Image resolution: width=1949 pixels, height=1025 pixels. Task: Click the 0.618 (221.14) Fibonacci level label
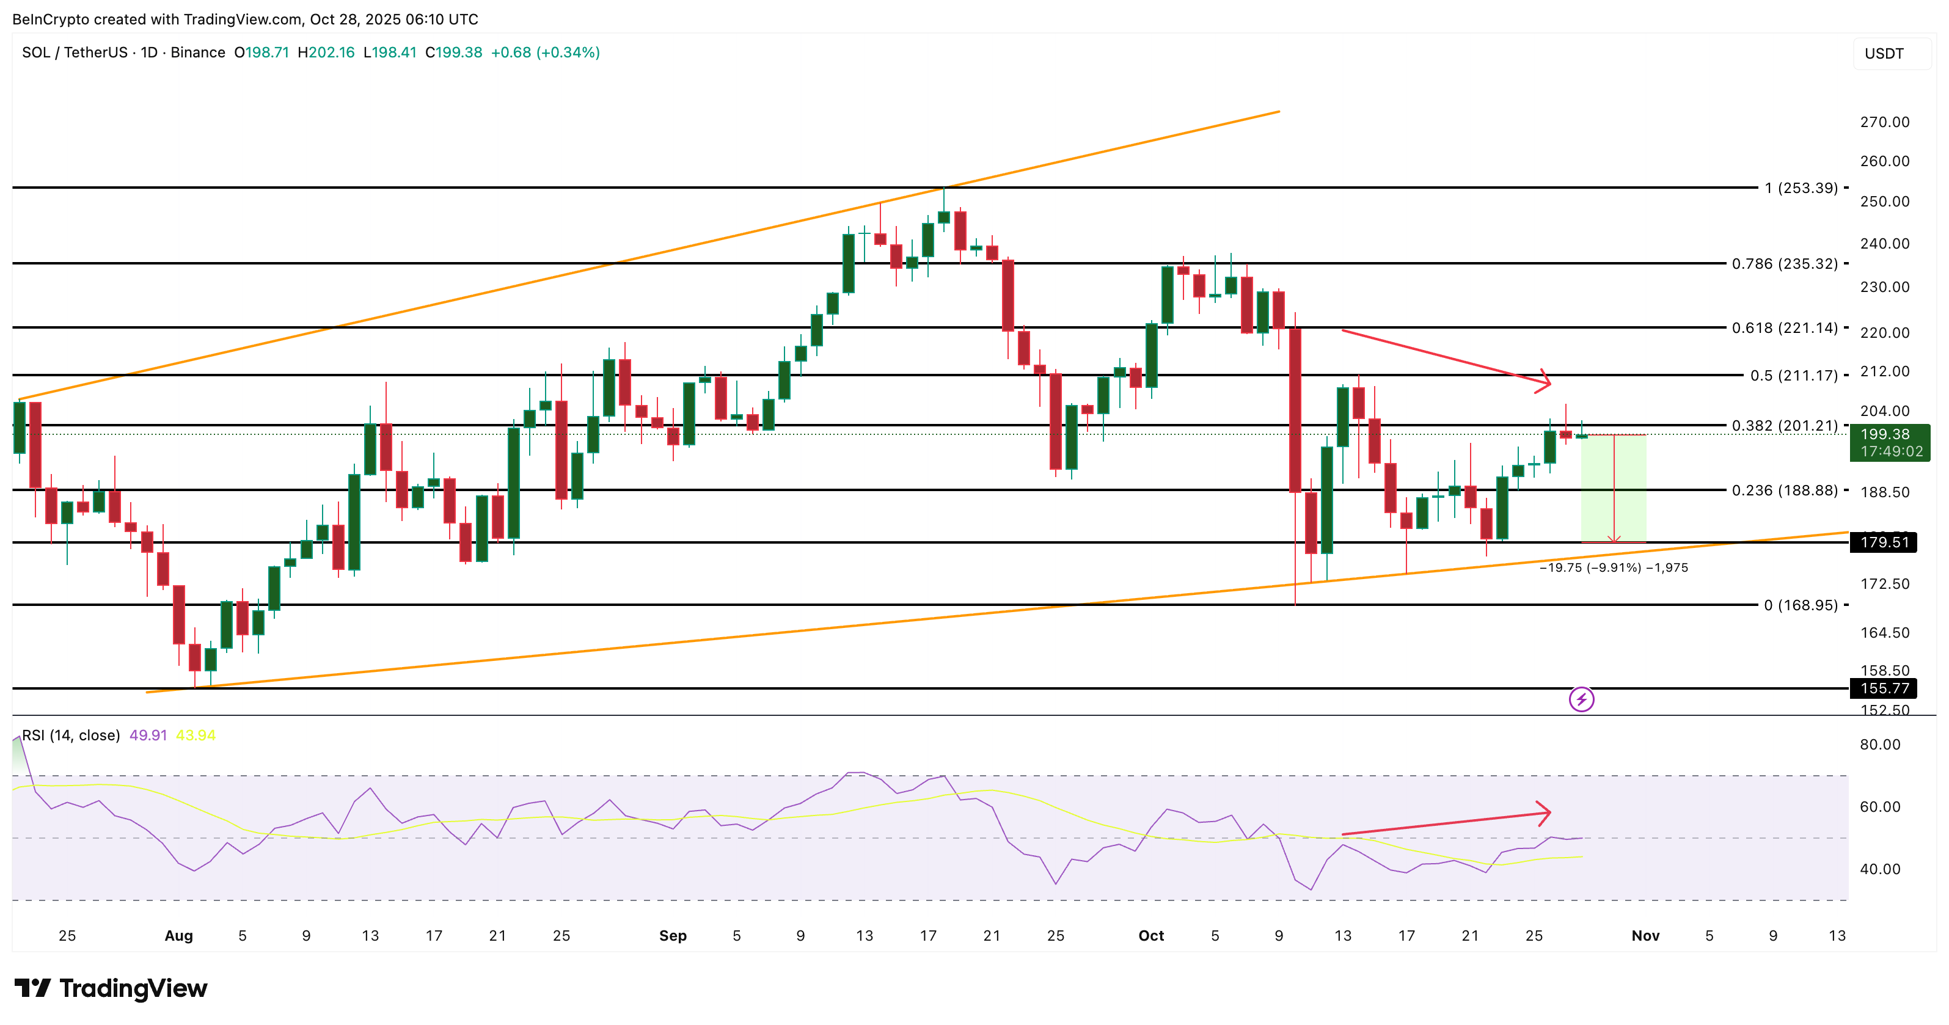pos(1784,327)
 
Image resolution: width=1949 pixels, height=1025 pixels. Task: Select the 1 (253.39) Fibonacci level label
pos(1801,188)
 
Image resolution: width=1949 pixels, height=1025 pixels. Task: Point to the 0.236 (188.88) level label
pos(1784,490)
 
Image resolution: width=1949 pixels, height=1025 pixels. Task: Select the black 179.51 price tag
pos(1884,542)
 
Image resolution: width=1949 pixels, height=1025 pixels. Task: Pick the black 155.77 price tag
pos(1884,688)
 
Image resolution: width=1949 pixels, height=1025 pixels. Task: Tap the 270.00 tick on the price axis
pos(1884,122)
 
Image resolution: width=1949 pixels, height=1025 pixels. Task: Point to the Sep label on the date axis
pos(673,936)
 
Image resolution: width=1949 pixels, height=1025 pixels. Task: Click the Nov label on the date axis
pos(1645,936)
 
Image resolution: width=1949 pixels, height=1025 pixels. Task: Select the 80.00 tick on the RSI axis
pos(1879,745)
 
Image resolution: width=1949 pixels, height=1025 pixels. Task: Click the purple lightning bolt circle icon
pos(1581,699)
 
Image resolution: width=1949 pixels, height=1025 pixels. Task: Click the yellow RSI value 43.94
pos(195,735)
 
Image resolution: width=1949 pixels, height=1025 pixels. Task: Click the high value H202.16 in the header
pos(326,52)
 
